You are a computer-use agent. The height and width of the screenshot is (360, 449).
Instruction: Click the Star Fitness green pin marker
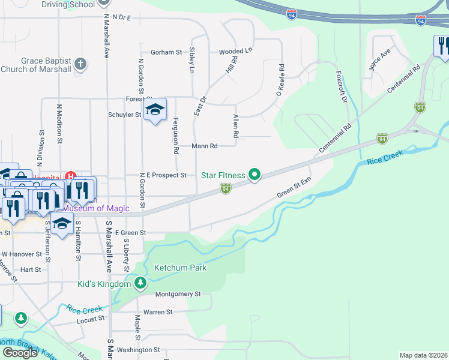tap(255, 175)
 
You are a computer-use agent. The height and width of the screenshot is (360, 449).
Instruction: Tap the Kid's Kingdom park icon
tap(140, 283)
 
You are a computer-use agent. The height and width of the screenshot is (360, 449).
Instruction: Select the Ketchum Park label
tap(181, 268)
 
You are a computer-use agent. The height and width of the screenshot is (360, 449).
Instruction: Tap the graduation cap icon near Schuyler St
tap(155, 110)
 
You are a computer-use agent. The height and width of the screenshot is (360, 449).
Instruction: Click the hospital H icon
tap(71, 176)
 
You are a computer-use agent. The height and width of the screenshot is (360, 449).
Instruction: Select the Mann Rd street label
tap(204, 146)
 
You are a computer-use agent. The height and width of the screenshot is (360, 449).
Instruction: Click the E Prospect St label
tap(167, 175)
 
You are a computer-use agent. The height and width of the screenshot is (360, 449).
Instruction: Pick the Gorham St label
tap(166, 53)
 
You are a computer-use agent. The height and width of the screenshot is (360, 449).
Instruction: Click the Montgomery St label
tap(178, 294)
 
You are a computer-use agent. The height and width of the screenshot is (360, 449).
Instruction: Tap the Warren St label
tap(158, 312)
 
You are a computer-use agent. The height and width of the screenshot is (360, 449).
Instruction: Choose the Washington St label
tap(138, 350)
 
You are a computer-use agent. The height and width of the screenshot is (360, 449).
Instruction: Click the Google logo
tap(20, 352)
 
